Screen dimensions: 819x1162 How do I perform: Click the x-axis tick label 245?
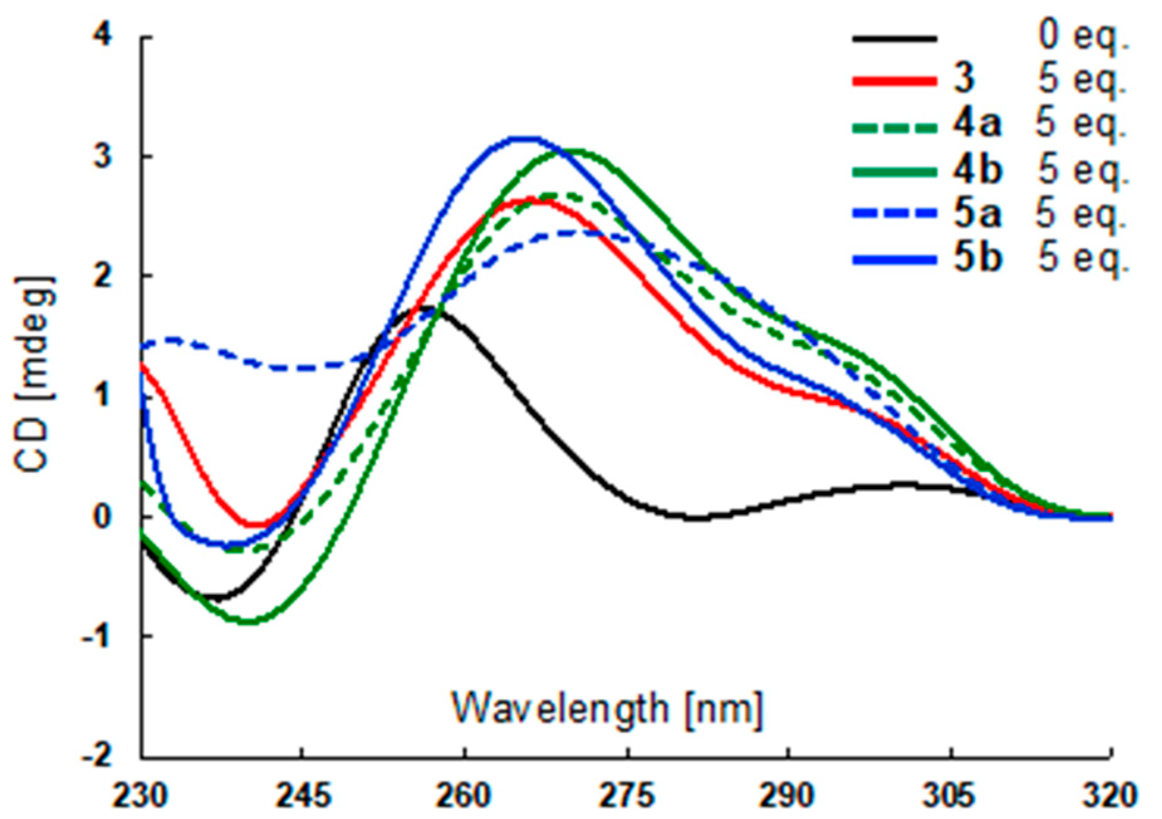point(303,796)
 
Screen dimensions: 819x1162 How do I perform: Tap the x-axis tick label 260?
point(464,796)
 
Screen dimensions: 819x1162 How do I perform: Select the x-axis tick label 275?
point(627,796)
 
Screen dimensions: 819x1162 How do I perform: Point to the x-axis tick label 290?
point(788,796)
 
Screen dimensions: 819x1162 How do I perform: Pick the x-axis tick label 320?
point(1111,796)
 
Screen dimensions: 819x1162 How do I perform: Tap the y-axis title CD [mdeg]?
point(34,374)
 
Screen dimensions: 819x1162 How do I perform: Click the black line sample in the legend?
point(894,38)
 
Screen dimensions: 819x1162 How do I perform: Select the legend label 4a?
point(976,124)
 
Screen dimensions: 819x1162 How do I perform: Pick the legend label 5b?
point(977,258)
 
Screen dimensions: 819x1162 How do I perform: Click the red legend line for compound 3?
point(894,81)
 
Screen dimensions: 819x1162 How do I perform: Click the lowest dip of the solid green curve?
point(248,622)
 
